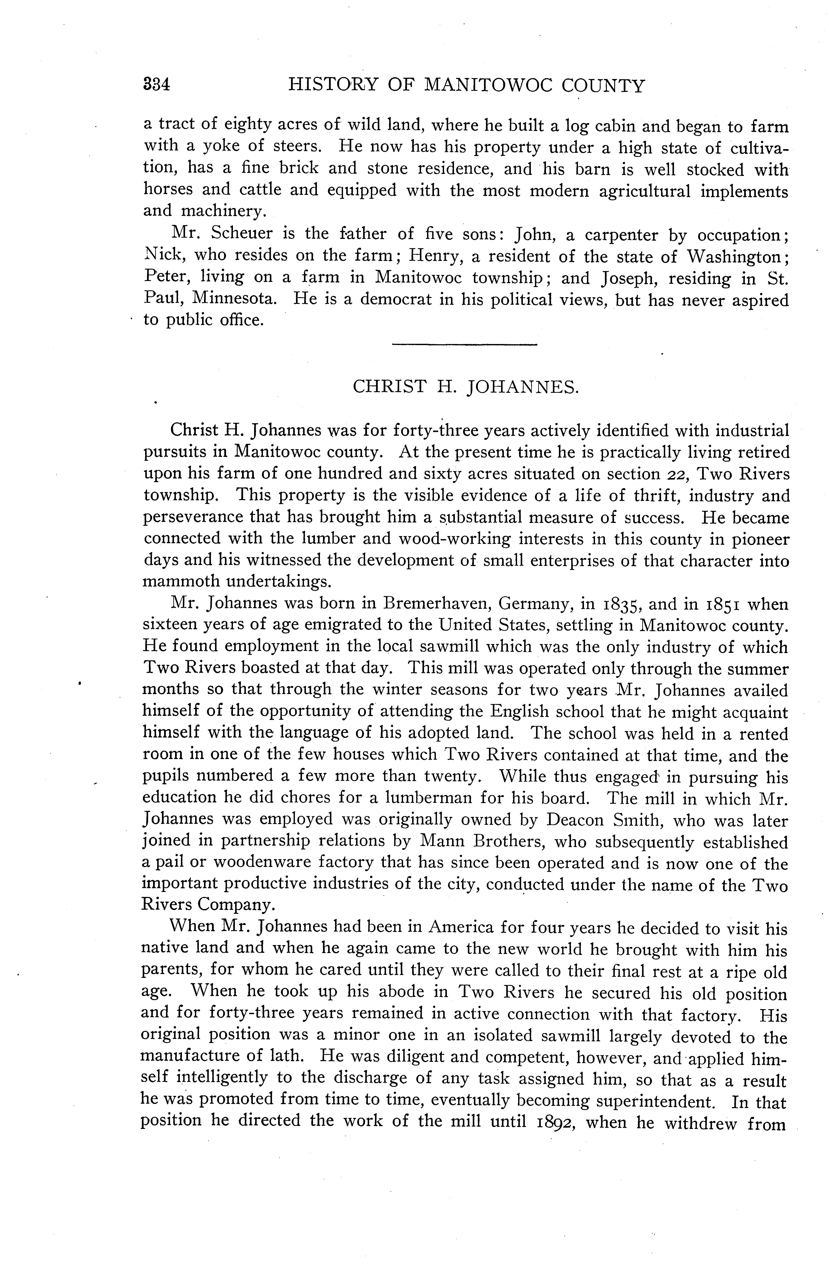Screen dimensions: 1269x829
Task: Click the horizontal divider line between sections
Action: coord(464,346)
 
